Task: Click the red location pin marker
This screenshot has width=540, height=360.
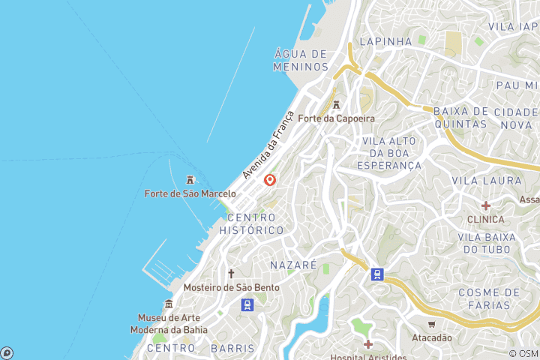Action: tap(270, 180)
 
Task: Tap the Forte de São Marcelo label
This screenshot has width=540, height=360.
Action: tap(190, 193)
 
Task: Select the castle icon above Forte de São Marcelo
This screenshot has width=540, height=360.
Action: tap(190, 180)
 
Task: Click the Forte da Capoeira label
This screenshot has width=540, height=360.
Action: tap(336, 118)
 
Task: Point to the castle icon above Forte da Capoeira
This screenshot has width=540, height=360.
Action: tap(336, 105)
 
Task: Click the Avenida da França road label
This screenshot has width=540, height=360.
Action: tap(268, 145)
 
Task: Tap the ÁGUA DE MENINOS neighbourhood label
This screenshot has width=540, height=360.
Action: tap(301, 60)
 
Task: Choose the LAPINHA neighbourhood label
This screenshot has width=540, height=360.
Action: tap(385, 41)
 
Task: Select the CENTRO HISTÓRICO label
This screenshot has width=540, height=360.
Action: tap(251, 223)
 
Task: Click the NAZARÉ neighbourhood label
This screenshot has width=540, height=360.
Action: tap(293, 265)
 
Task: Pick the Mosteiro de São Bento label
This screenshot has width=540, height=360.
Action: tap(232, 287)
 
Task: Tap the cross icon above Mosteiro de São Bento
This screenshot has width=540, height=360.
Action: tap(232, 274)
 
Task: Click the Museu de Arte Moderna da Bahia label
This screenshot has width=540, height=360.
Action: tap(168, 323)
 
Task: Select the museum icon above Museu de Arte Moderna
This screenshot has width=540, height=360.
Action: tap(169, 304)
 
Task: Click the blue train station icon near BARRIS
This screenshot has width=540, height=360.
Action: tap(246, 304)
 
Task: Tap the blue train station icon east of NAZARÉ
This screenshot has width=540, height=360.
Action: tap(377, 274)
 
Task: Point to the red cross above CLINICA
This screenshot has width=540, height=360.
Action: tap(486, 205)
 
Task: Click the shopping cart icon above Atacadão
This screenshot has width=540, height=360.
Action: tap(431, 324)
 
